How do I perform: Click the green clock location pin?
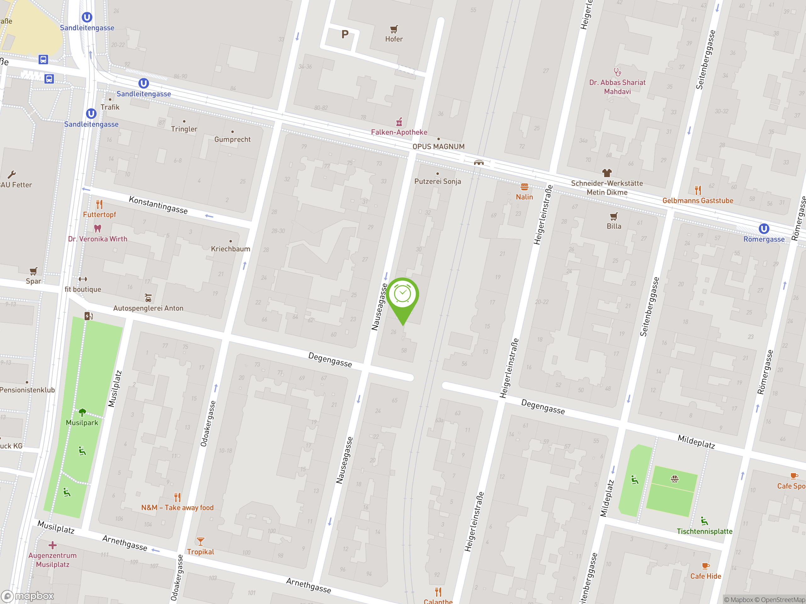pos(403,295)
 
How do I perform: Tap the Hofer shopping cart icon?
pos(394,29)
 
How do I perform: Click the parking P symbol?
pos(345,35)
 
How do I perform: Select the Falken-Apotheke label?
pos(399,132)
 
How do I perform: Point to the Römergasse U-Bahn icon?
pos(764,229)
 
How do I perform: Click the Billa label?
pos(614,226)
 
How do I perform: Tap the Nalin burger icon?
pos(524,187)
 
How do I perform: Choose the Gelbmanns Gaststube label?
pos(697,201)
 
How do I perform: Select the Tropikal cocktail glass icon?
pos(201,541)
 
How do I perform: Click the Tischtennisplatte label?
pos(704,531)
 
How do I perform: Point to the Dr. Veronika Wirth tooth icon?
pos(97,229)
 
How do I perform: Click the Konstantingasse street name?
pos(158,205)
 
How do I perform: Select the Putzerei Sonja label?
pos(437,181)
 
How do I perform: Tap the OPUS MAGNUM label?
pos(438,147)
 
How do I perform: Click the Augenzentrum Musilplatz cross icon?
pos(53,545)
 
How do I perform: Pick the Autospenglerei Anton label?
pos(148,308)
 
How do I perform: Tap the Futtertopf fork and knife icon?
pos(99,204)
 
